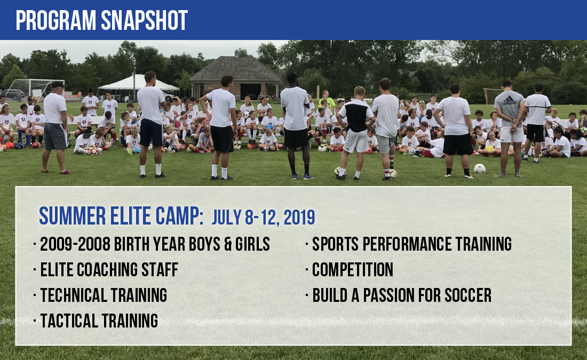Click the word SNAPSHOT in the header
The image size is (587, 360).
pyautogui.click(x=144, y=20)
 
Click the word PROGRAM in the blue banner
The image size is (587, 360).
pyautogui.click(x=56, y=20)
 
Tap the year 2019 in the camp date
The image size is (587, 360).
pyautogui.click(x=299, y=218)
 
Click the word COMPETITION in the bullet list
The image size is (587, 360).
pyautogui.click(x=353, y=269)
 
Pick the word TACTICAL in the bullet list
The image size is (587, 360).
pyautogui.click(x=69, y=321)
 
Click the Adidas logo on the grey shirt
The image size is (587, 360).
pyautogui.click(x=509, y=100)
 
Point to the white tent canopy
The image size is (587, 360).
pyautogui.click(x=138, y=83)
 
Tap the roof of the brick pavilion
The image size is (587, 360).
pyautogui.click(x=235, y=68)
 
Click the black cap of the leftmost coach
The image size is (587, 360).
pyautogui.click(x=58, y=84)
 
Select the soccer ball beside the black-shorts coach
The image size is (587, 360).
pyautogui.click(x=480, y=169)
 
